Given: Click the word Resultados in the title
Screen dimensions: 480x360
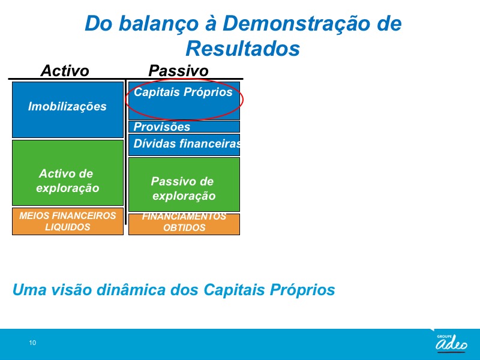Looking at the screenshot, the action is tap(243, 49).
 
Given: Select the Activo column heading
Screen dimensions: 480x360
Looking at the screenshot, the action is tap(65, 71).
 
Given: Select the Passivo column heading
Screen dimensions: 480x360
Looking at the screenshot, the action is tap(178, 71).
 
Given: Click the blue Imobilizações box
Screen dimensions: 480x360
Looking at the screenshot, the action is tap(68, 110).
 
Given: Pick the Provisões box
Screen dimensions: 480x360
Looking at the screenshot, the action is tap(184, 127).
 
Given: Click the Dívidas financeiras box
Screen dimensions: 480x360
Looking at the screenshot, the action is tap(184, 145).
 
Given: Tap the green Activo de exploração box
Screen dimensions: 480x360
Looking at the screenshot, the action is tap(68, 173).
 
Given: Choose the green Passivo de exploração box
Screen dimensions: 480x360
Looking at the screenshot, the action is tap(184, 184).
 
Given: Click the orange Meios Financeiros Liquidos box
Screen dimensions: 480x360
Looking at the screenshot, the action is tap(68, 221).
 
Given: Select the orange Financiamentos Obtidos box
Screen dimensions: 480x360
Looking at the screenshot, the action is tap(184, 224).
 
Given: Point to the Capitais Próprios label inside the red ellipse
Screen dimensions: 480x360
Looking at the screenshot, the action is tap(183, 92).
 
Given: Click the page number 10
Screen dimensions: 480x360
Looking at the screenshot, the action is tap(32, 343).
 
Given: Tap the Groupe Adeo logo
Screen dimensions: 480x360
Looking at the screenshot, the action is tap(452, 343).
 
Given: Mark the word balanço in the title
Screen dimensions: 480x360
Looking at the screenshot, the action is tap(158, 24).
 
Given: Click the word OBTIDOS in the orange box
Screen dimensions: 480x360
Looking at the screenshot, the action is tap(184, 228).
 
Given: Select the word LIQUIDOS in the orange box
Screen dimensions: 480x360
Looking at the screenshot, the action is tap(68, 227).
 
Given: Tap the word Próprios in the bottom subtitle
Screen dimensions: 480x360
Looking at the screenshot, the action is tap(302, 290).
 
